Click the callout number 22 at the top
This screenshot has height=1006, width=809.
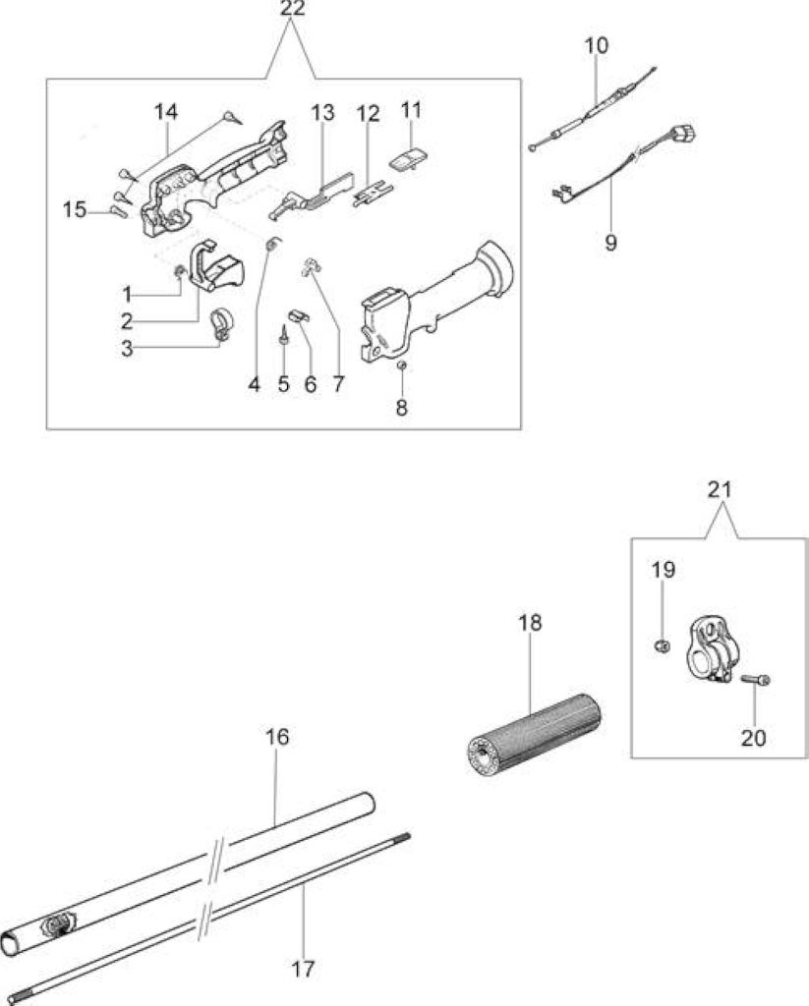(292, 9)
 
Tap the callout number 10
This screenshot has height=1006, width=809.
(596, 45)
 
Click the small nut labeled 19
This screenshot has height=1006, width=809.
(663, 645)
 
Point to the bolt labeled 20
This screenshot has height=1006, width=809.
(756, 679)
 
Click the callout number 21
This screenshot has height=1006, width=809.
(720, 490)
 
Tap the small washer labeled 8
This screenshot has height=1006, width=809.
(402, 365)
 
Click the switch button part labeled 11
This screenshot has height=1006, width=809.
(410, 157)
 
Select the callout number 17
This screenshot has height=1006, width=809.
(303, 969)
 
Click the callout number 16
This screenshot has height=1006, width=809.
(277, 737)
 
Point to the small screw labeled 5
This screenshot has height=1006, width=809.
(282, 335)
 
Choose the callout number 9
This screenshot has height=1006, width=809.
(610, 244)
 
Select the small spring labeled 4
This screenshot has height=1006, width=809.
(273, 245)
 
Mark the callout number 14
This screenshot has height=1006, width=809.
(166, 112)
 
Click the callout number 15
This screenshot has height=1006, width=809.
(75, 209)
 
